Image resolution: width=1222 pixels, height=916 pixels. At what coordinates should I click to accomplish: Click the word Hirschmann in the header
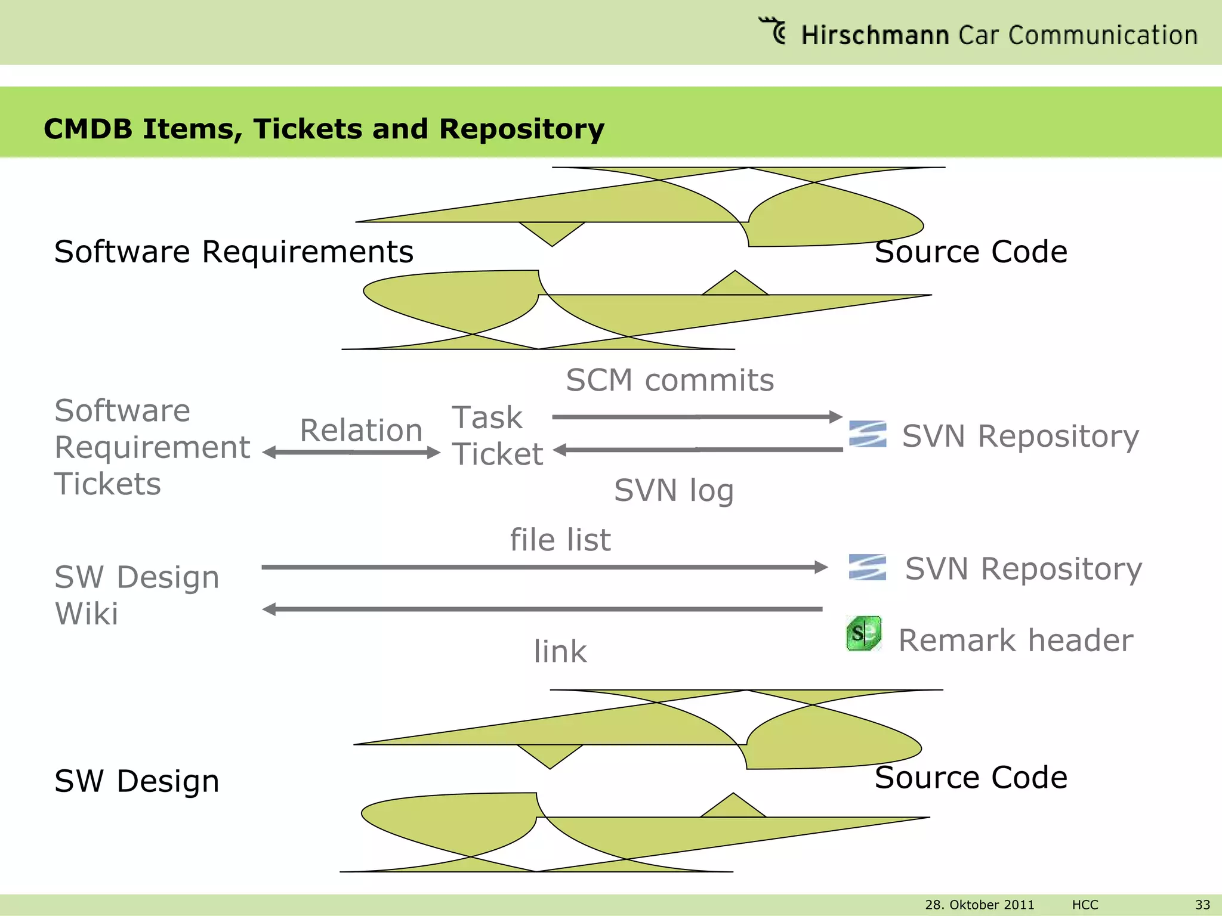pos(875,35)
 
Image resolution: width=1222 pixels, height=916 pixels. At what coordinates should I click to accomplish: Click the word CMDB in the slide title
pos(88,129)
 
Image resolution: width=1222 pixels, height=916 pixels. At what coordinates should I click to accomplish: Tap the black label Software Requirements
pos(233,251)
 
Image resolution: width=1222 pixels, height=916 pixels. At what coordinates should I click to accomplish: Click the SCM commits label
pos(669,380)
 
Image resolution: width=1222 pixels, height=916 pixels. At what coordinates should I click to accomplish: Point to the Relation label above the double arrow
pos(361,430)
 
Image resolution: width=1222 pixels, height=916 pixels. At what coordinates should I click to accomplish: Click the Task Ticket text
pos(496,435)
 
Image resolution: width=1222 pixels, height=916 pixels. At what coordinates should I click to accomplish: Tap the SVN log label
pos(674,490)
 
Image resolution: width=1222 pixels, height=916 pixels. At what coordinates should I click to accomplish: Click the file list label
pos(560,540)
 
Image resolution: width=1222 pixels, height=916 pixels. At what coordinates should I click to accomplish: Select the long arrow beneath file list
pos(544,567)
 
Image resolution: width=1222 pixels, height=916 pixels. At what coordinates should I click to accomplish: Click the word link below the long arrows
pos(560,651)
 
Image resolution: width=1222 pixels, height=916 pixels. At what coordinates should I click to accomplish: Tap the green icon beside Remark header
pos(863,633)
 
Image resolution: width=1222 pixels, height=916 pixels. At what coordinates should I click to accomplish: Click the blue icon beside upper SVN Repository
pos(867,434)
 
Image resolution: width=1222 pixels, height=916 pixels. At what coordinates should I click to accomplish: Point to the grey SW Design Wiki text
pos(137,595)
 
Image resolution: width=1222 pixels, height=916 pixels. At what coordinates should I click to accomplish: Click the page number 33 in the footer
pos(1202,905)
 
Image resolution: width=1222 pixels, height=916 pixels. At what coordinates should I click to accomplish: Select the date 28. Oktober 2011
pos(979,905)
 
